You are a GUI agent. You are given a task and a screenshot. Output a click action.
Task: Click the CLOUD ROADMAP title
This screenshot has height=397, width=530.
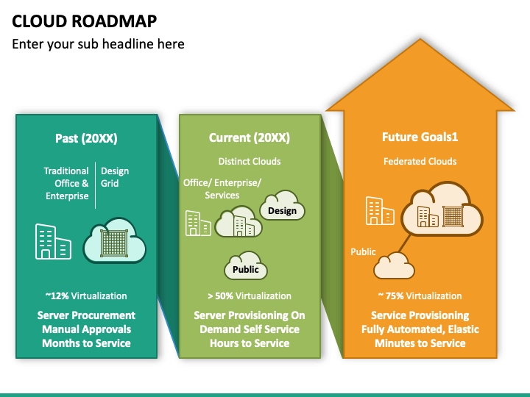tap(85, 21)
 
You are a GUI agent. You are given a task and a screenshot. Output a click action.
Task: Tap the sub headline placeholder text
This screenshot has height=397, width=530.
tap(98, 44)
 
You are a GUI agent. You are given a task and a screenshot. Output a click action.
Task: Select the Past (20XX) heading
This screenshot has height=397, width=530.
tap(86, 138)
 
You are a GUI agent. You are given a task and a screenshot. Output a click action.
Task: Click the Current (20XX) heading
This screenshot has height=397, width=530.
tap(250, 137)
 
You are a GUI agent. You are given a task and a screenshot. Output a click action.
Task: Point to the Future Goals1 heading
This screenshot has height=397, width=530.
tap(420, 137)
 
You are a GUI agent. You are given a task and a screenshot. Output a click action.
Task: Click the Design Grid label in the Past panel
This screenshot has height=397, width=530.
tap(115, 177)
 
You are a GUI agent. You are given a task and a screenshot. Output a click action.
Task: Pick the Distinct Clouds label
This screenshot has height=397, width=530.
tap(250, 161)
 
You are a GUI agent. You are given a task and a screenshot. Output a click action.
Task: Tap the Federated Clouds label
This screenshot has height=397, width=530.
tap(420, 161)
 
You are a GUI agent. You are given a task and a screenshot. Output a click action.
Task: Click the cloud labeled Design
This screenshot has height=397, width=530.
tap(282, 206)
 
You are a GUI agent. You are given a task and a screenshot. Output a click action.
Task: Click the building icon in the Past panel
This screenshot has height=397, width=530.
tap(54, 241)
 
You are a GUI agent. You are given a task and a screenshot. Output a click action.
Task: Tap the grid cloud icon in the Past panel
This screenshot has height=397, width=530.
tap(115, 240)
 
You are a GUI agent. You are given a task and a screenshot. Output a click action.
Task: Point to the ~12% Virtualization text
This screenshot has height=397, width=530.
tap(86, 296)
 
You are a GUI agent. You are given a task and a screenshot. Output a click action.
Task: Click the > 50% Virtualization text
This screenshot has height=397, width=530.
tap(250, 296)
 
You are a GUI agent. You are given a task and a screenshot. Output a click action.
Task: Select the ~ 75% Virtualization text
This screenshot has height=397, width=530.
tap(420, 296)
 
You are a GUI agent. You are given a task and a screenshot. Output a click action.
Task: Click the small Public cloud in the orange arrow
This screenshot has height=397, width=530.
tap(394, 265)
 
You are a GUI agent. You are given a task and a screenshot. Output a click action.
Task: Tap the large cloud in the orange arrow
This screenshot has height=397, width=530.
tap(442, 210)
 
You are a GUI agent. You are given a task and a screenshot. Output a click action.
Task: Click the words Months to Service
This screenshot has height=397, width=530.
tap(86, 343)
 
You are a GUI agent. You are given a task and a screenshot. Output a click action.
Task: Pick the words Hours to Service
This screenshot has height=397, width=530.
tap(250, 343)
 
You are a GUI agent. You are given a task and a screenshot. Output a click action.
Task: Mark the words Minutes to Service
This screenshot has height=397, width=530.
tap(420, 343)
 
